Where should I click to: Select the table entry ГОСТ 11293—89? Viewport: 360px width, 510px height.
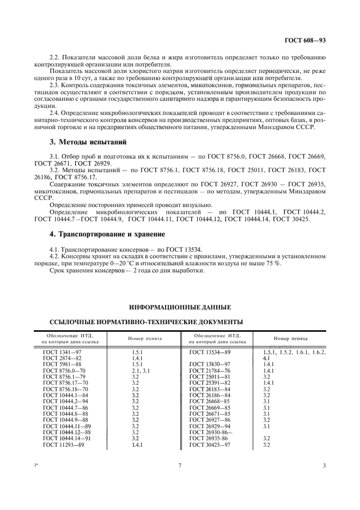click(63, 445)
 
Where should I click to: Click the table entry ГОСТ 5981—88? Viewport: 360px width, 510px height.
click(62, 364)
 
